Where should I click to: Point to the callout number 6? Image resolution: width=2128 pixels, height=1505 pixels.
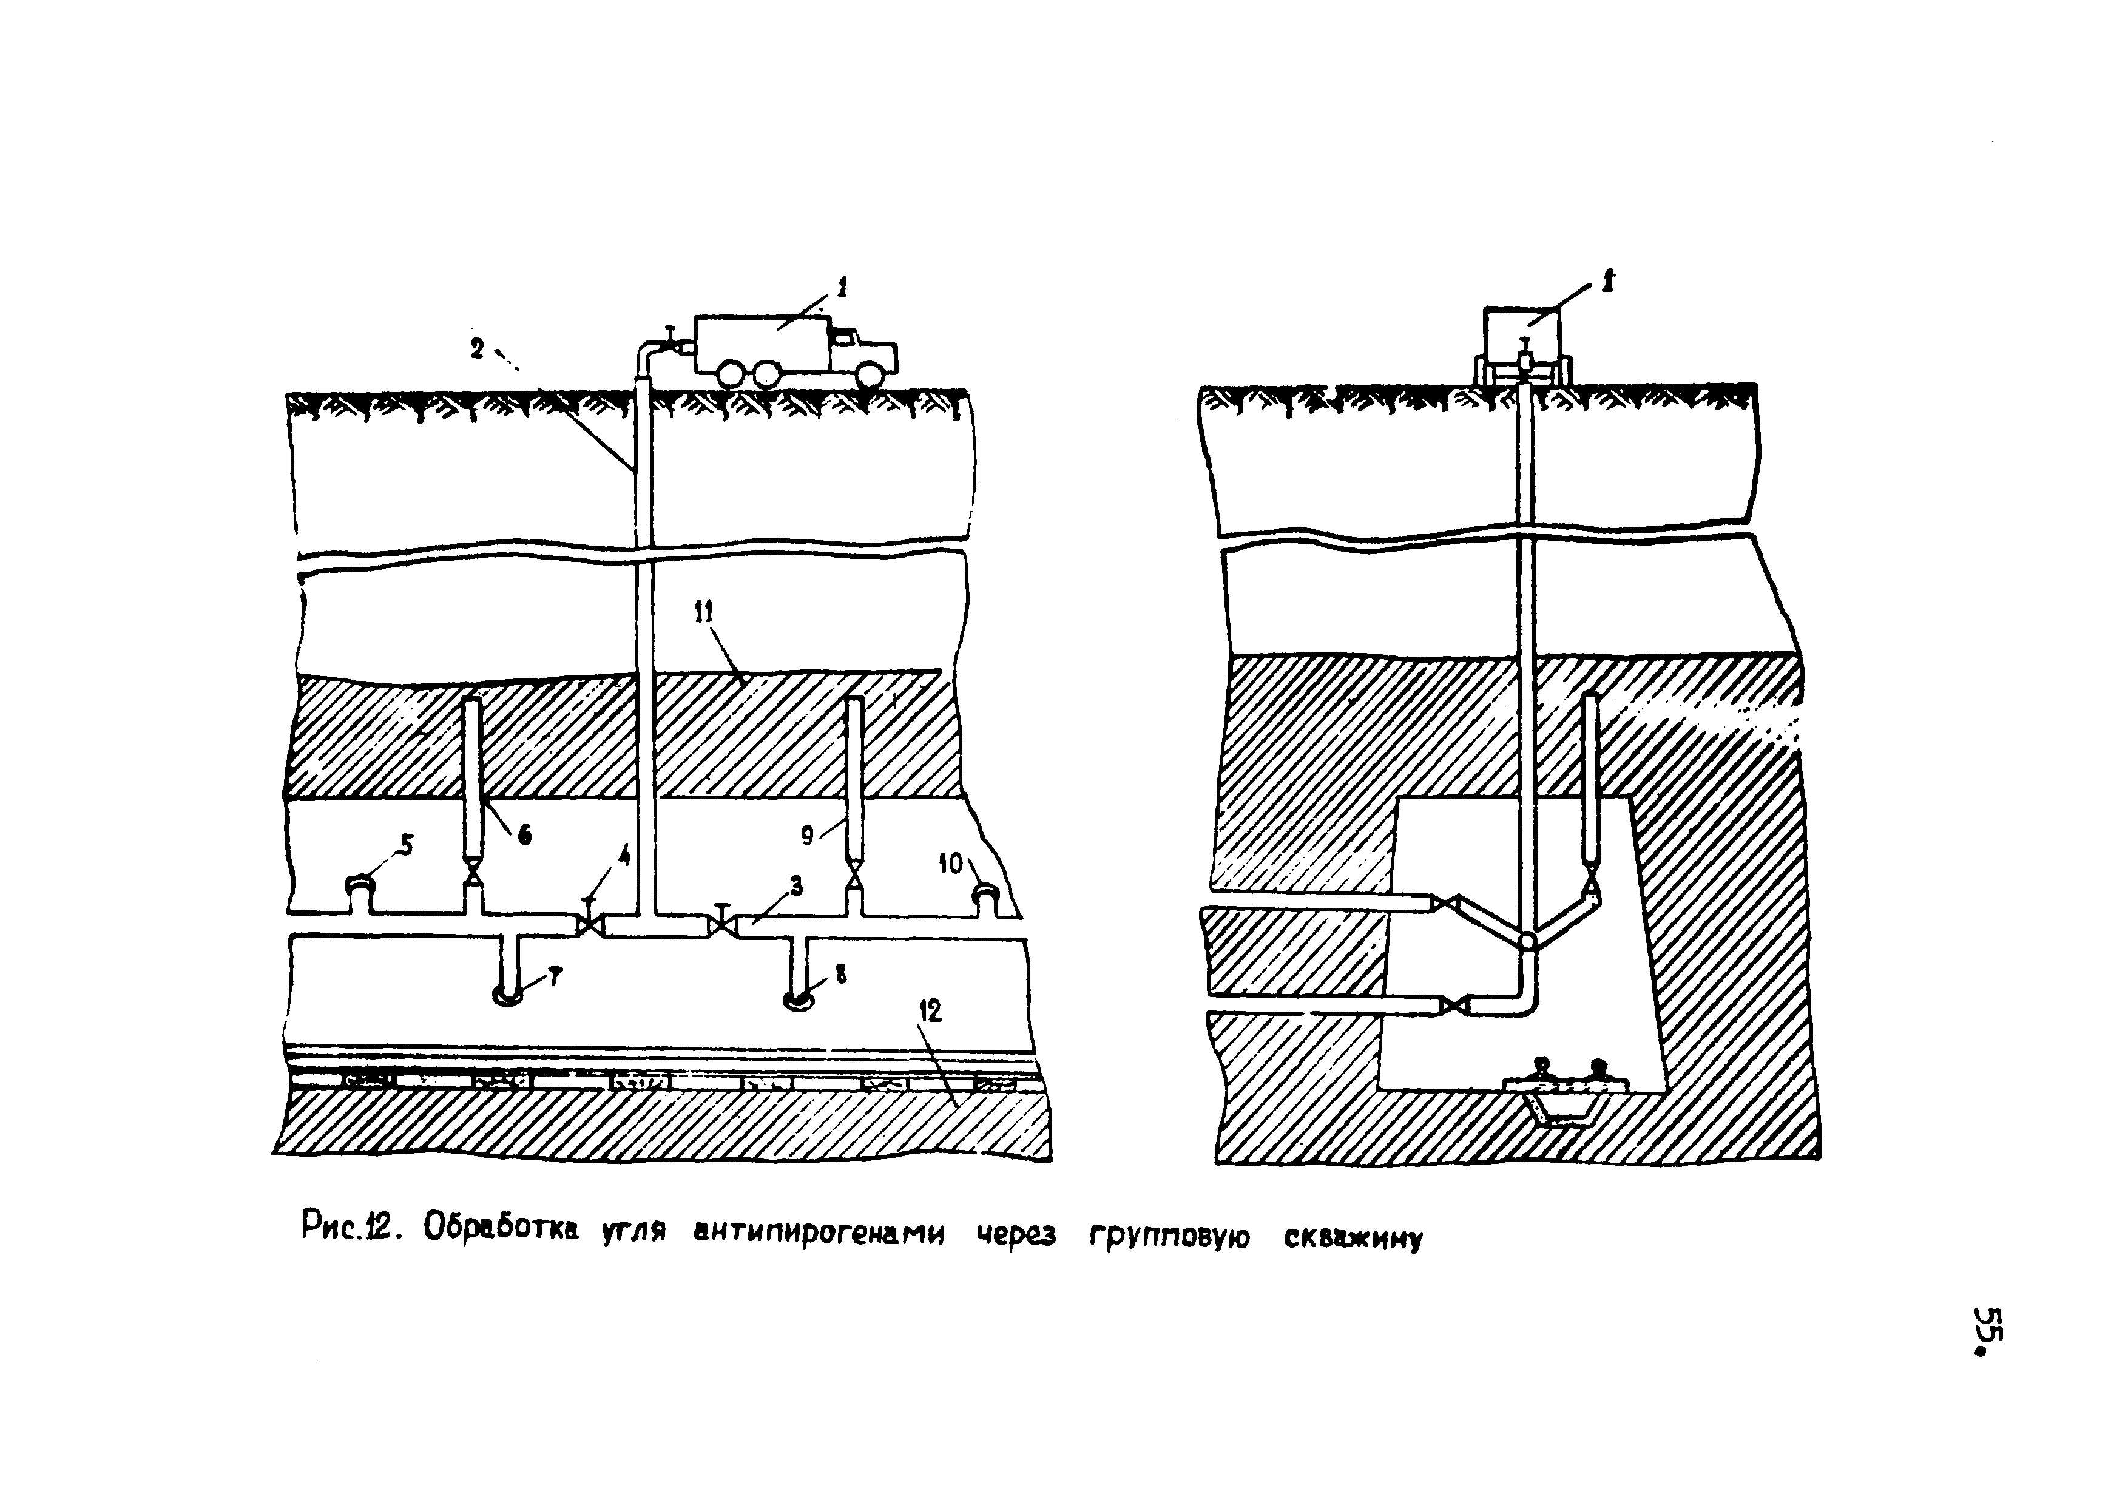(x=525, y=835)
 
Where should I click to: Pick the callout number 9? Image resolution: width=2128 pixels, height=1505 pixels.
(x=807, y=835)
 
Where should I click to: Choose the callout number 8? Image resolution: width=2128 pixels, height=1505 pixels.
(x=840, y=974)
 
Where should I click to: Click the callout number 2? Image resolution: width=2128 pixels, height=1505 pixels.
(x=478, y=350)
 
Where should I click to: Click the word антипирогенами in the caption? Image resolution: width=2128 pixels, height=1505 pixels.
(x=819, y=1236)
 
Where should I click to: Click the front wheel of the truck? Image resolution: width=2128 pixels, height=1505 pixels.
(x=870, y=373)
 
